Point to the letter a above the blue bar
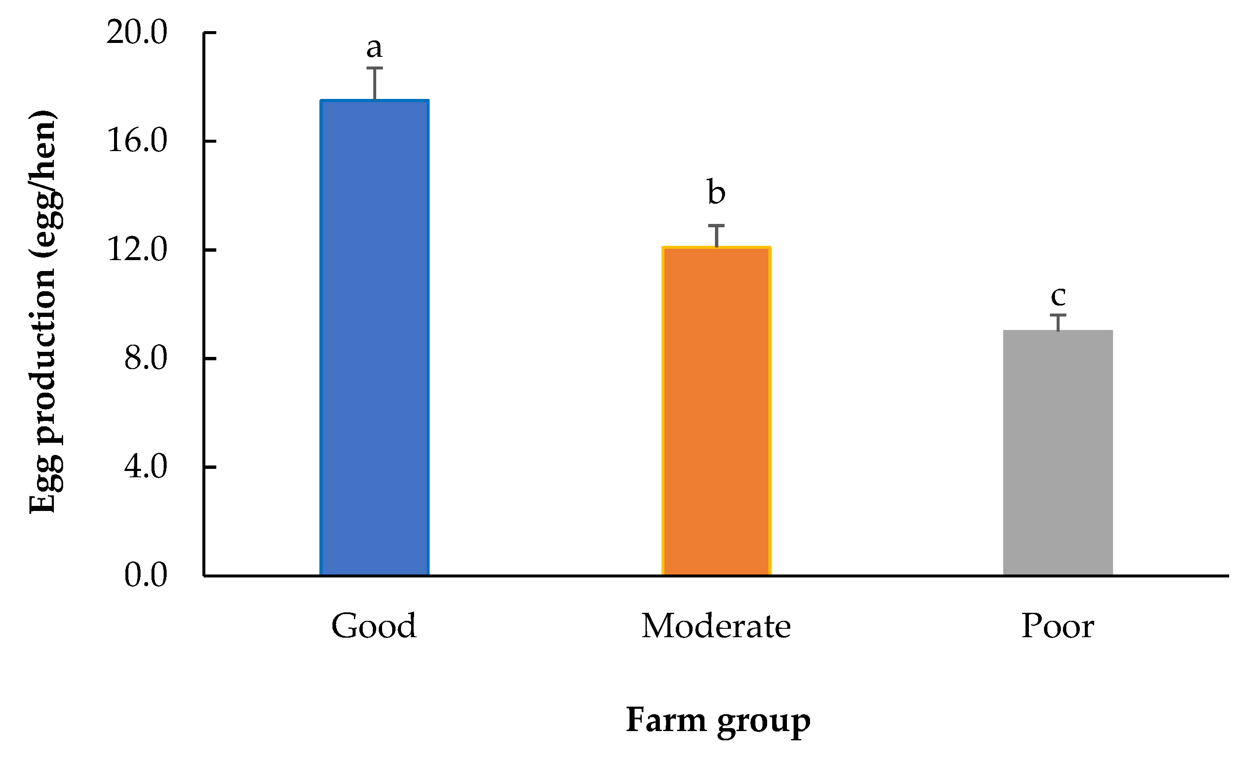tap(374, 48)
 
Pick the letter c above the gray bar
tap(1058, 296)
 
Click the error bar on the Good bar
tap(375, 83)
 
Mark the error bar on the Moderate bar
tap(716, 236)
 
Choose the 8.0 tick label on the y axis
tap(146, 359)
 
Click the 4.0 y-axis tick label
tap(146, 467)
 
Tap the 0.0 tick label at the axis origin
tap(146, 575)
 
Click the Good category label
tap(374, 626)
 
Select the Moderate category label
tap(716, 626)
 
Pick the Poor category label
tap(1058, 626)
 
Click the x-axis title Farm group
tap(718, 720)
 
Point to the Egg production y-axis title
tap(43, 311)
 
